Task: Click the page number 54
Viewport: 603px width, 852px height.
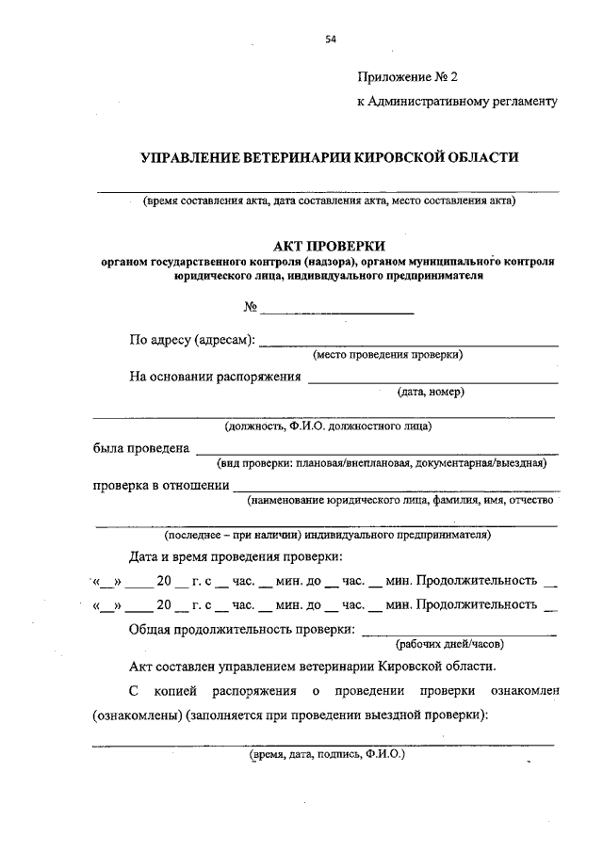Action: [x=330, y=40]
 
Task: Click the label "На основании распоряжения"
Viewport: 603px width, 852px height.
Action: [x=215, y=377]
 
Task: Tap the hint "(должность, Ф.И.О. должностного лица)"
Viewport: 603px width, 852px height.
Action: [x=328, y=426]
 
